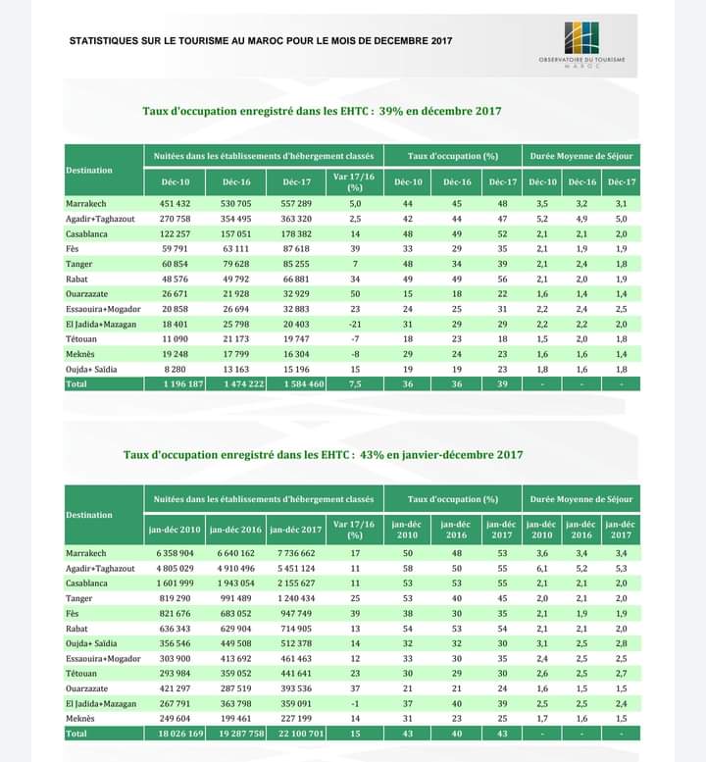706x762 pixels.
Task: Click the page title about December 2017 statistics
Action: (x=261, y=41)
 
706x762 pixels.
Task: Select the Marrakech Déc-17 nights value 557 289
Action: (x=297, y=203)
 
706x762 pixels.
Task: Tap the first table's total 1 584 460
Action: (x=297, y=383)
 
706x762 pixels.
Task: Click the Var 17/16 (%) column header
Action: (x=355, y=181)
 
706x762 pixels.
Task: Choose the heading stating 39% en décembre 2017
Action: (x=322, y=111)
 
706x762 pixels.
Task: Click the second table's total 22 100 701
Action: (x=296, y=733)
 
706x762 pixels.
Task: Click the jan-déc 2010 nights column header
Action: (x=175, y=530)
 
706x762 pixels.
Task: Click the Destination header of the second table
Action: (x=89, y=514)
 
